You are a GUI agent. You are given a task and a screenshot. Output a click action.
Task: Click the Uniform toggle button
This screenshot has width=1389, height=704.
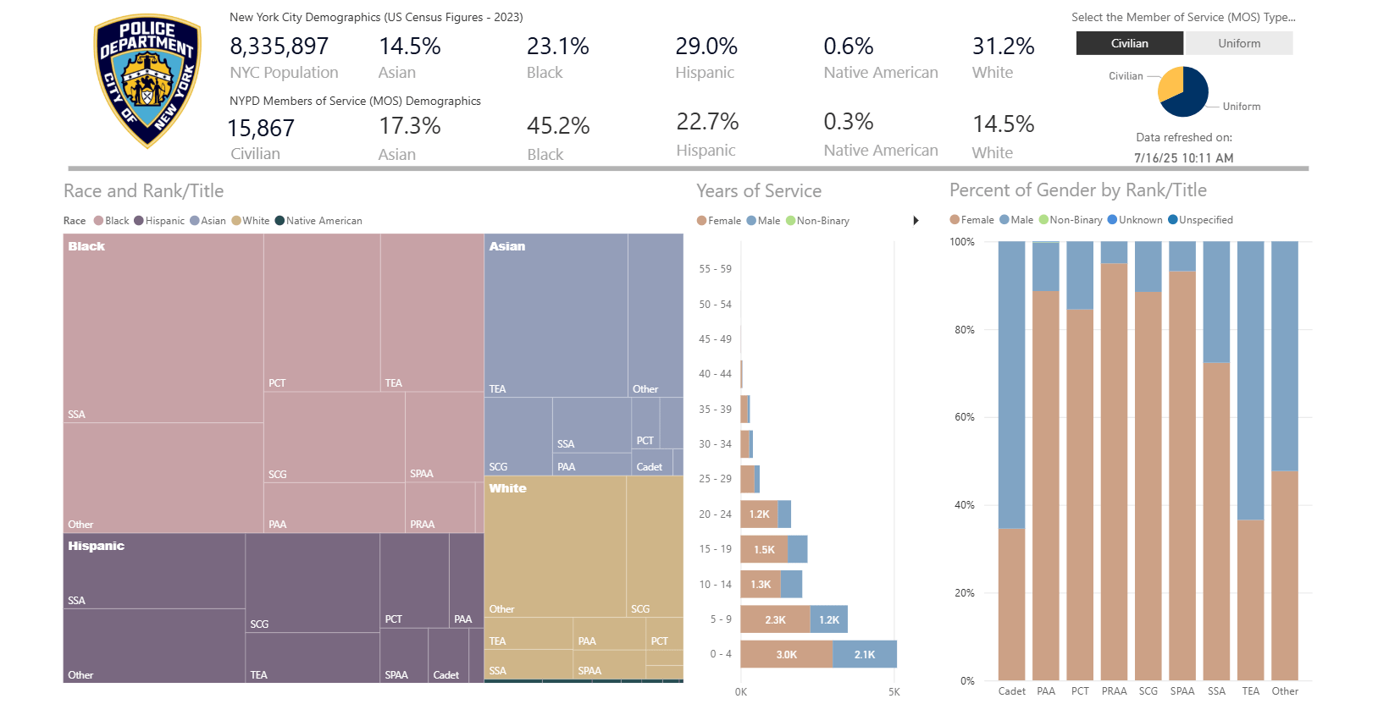pyautogui.click(x=1238, y=43)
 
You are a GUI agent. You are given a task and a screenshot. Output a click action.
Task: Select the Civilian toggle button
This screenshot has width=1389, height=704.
pyautogui.click(x=1129, y=43)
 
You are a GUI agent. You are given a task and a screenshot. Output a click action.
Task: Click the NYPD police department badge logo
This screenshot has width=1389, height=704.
pyautogui.click(x=147, y=80)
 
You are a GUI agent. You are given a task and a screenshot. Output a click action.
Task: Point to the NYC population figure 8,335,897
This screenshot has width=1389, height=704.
pyautogui.click(x=279, y=47)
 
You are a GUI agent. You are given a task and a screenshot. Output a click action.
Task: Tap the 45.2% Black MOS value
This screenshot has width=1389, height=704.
pyautogui.click(x=558, y=126)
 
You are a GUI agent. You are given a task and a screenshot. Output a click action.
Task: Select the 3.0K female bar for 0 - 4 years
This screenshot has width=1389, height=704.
pyautogui.click(x=786, y=654)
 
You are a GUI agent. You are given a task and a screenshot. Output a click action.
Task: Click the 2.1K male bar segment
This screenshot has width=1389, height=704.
pyautogui.click(x=864, y=654)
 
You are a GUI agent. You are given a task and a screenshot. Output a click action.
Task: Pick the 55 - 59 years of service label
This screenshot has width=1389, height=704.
pyautogui.click(x=715, y=269)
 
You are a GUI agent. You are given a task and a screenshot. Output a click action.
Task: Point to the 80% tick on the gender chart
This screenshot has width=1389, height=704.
pyautogui.click(x=964, y=330)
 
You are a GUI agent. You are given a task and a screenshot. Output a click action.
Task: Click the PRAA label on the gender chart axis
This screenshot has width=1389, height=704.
pyautogui.click(x=1114, y=691)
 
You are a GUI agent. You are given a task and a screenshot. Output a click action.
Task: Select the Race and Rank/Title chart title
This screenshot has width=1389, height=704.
pyautogui.click(x=144, y=191)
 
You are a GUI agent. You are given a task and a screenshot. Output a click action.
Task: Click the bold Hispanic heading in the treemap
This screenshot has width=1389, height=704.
pyautogui.click(x=97, y=546)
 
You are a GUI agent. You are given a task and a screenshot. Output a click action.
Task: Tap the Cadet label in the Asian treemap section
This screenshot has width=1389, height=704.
pyautogui.click(x=650, y=467)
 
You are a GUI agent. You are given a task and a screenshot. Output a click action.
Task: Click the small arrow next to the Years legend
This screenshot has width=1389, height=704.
pyautogui.click(x=916, y=221)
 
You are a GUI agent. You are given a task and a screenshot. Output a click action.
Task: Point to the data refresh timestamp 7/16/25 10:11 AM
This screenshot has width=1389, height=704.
pyautogui.click(x=1183, y=158)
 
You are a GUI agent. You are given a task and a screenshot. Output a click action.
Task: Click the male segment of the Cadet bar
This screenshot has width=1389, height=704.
pyautogui.click(x=1011, y=385)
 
